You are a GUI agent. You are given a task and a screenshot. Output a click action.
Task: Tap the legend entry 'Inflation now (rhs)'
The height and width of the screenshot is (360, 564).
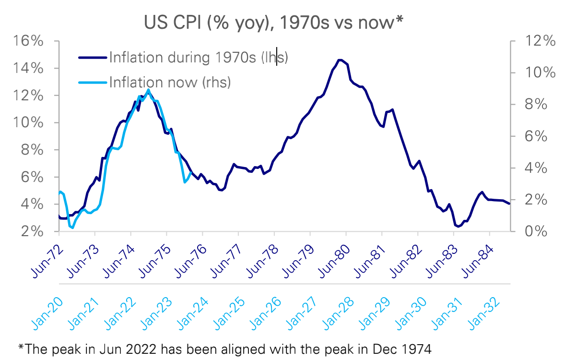[170, 82]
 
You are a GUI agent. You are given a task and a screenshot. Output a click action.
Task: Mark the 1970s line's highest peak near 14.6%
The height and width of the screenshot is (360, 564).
[340, 60]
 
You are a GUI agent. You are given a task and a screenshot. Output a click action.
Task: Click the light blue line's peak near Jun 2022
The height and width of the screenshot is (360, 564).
[148, 90]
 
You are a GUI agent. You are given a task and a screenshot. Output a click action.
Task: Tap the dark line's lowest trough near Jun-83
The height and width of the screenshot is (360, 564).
[458, 227]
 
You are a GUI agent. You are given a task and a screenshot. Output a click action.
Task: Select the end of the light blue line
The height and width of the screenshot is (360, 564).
[191, 173]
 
